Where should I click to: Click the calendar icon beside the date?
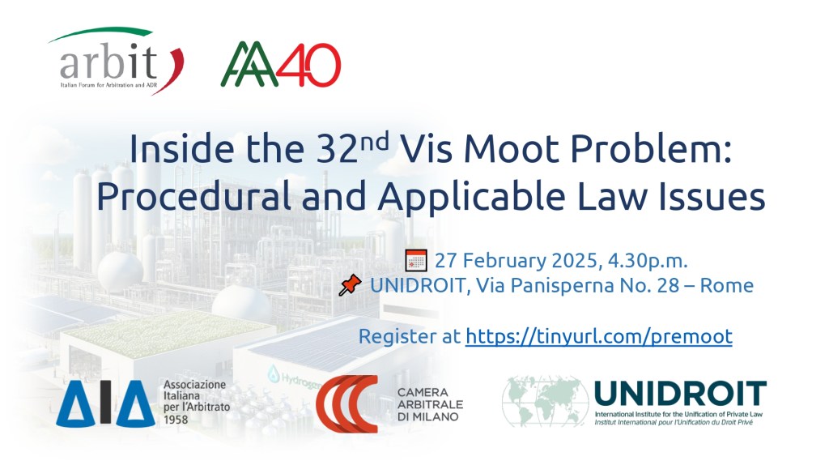coord(415,261)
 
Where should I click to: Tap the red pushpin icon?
coord(350,285)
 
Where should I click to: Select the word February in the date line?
coord(509,261)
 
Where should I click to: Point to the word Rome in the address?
coord(733,285)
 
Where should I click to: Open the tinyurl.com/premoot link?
coord(598,336)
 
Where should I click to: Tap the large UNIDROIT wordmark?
coord(680,395)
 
